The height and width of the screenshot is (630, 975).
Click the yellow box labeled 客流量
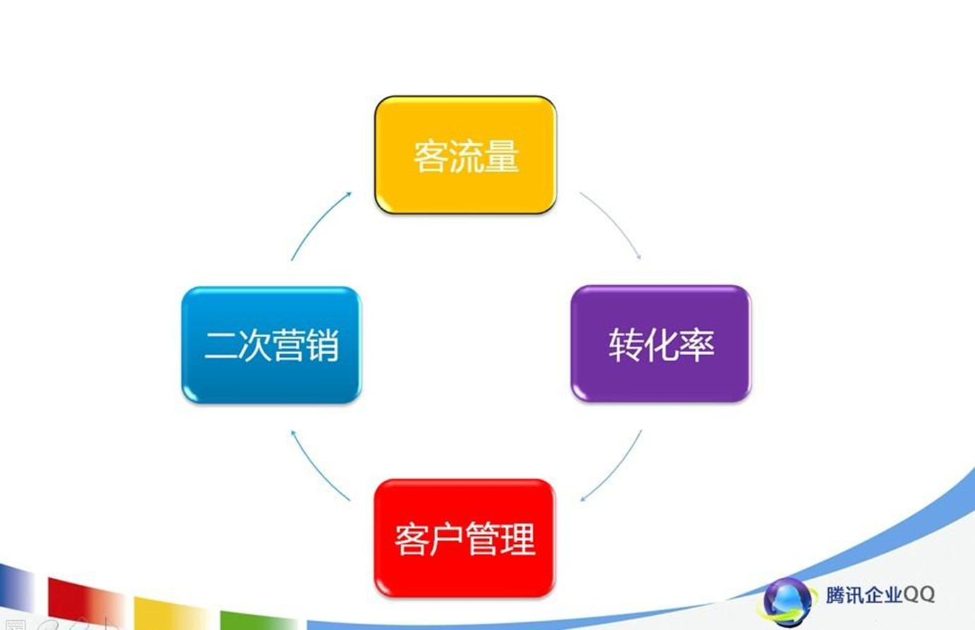click(x=465, y=155)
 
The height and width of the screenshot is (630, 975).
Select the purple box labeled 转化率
click(x=661, y=344)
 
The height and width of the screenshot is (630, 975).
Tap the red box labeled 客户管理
click(x=465, y=538)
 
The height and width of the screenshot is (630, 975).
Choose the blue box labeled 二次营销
click(x=271, y=344)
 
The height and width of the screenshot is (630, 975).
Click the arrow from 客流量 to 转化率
click(x=614, y=222)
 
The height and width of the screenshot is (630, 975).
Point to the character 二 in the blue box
click(x=221, y=346)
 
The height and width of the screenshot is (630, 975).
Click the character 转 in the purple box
click(x=626, y=344)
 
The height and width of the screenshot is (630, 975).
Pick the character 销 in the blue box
click(x=322, y=346)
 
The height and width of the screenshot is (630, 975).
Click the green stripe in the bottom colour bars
click(x=257, y=620)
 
